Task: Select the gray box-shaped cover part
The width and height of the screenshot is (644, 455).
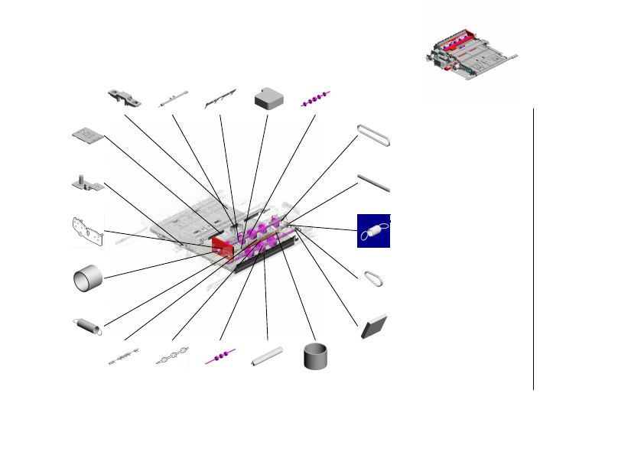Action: (x=268, y=97)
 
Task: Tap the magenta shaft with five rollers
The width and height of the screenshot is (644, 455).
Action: (x=316, y=98)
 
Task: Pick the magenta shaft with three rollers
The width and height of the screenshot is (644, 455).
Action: (x=220, y=357)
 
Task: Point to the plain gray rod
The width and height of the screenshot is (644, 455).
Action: (x=374, y=184)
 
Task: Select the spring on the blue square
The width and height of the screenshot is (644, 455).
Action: (x=374, y=231)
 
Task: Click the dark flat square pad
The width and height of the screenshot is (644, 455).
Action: (x=375, y=326)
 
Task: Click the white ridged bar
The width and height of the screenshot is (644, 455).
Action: (x=267, y=357)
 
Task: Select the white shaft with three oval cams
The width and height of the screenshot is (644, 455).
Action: (x=172, y=357)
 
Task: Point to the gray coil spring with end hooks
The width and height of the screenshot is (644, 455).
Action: (x=88, y=326)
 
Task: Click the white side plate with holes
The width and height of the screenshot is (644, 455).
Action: (x=88, y=231)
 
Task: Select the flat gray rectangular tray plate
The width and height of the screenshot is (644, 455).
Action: (x=88, y=135)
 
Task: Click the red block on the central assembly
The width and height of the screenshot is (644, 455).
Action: (x=222, y=246)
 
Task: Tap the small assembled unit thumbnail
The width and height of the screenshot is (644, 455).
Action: (x=470, y=55)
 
